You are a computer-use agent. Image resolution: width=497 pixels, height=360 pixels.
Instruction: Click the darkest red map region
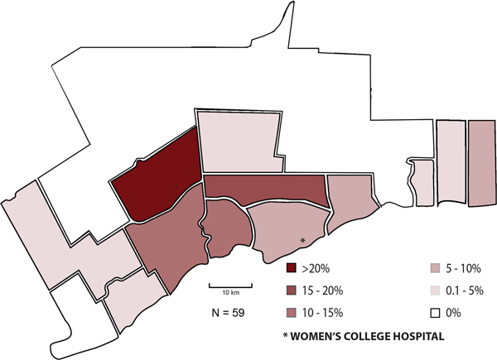coord(157,178)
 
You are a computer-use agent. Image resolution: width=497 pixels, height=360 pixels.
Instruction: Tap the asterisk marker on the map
coord(303,240)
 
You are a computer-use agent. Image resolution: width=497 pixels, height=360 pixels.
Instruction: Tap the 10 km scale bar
coord(229,288)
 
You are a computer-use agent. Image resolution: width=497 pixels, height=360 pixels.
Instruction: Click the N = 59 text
coord(229,312)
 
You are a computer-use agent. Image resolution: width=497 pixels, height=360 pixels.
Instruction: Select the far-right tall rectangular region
coord(480,163)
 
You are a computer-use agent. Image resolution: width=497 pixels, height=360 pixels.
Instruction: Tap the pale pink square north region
coord(236,142)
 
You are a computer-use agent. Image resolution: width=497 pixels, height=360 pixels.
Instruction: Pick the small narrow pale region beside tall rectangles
coord(423,183)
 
